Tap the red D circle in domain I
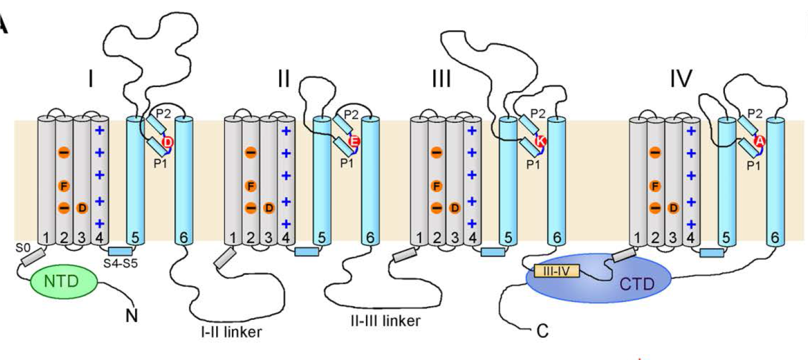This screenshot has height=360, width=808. tap(168, 142)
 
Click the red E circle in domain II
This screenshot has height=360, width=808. tap(355, 142)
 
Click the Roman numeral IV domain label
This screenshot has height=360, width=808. tap(681, 80)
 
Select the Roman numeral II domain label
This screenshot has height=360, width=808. tap(283, 80)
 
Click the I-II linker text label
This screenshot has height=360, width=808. tap(234, 331)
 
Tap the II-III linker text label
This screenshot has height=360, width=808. tap(384, 320)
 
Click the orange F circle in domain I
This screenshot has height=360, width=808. tap(64, 186)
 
